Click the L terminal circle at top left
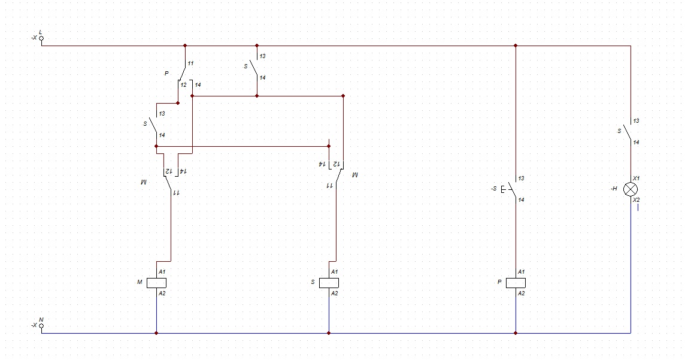(42, 38)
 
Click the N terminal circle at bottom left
(42, 326)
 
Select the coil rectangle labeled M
(157, 283)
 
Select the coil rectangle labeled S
(329, 283)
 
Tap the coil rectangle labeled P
(516, 283)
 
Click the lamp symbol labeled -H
(631, 189)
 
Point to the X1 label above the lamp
(637, 179)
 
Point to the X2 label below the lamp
(637, 199)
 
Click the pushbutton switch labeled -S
(511, 189)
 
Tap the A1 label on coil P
(522, 272)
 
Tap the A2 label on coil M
(162, 294)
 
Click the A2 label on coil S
(334, 294)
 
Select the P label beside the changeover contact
(166, 73)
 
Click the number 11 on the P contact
(191, 63)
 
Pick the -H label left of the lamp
(614, 189)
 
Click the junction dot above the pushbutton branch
(516, 46)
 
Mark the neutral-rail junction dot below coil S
(329, 333)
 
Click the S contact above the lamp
(628, 132)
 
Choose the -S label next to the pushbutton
(495, 189)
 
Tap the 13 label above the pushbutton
(522, 179)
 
